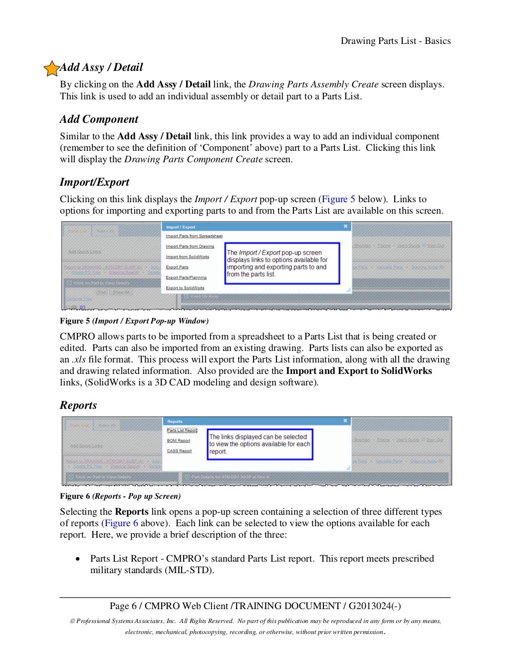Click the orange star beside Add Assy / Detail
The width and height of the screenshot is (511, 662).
51,68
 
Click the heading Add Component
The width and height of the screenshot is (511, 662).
99,119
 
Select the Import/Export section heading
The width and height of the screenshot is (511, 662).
94,182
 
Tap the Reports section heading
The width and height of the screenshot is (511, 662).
78,405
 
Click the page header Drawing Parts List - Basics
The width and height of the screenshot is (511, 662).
395,41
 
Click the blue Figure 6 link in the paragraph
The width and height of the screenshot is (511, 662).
121,523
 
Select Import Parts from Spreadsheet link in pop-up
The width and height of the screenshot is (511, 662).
194,236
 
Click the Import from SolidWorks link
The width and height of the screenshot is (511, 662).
187,257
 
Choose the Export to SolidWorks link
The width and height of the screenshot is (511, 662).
185,288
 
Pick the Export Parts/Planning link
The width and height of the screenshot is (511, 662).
186,278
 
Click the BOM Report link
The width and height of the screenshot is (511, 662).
178,440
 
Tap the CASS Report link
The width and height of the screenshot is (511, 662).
179,451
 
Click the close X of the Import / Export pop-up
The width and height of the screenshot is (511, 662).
345,226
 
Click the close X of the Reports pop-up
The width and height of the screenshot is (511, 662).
345,421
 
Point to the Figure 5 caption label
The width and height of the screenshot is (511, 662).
75,321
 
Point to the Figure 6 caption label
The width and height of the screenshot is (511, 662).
75,496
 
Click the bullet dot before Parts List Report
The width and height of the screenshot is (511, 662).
78,559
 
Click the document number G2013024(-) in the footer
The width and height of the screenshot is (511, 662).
374,606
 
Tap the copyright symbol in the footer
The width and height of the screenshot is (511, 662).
72,622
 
